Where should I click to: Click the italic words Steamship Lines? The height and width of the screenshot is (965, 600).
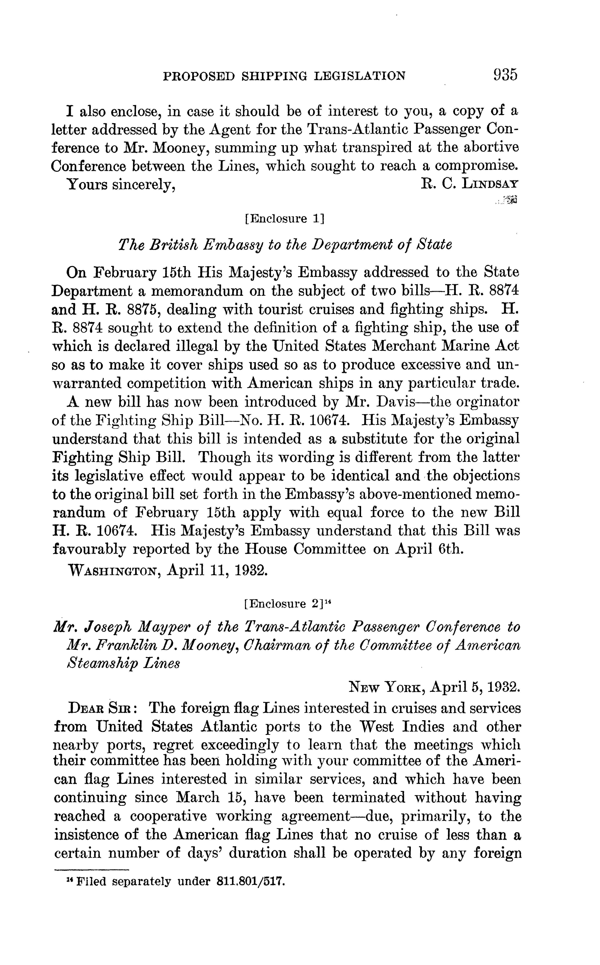tap(123, 664)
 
